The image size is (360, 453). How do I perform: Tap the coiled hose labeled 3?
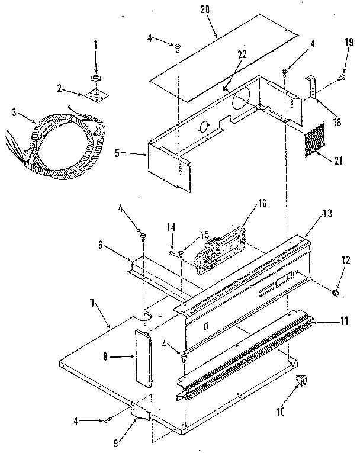[x=59, y=145]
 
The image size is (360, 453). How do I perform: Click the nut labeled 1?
[x=95, y=78]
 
